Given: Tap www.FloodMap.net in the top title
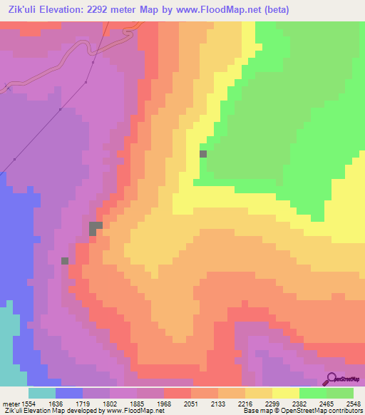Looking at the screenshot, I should pos(220,9).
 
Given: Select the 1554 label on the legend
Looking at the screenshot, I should pos(29,404).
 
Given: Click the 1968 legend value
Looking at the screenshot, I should pos(164,404).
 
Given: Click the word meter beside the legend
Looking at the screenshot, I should pos(10,404).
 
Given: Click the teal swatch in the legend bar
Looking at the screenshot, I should pos(42,393).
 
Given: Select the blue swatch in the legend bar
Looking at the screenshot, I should pos(69,393).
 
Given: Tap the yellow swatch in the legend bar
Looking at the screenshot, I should pos(286,393).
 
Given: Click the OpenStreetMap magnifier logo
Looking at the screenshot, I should pos(332,379).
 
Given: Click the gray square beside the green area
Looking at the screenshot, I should pos(203,153).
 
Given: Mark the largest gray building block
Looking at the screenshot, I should pos(94,228).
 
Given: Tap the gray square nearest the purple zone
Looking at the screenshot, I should pos(65,261).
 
